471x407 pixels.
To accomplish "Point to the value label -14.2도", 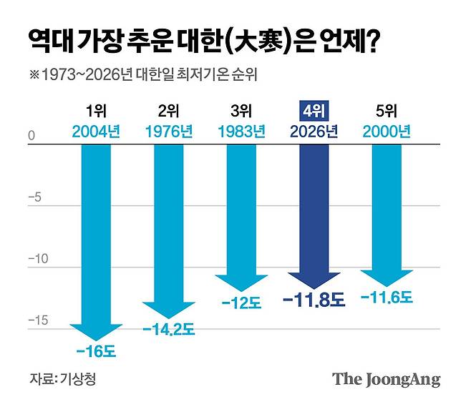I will click(x=169, y=330).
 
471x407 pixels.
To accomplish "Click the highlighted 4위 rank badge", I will click(x=314, y=112).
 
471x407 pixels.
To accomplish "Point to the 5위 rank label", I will click(x=387, y=112).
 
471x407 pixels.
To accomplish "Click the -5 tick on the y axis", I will click(x=34, y=197).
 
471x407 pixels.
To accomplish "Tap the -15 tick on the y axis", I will click(x=36, y=320).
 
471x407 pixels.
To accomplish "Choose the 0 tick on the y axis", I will click(x=31, y=135).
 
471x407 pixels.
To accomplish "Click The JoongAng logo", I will click(x=386, y=379).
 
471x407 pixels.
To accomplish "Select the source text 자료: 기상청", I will click(x=62, y=378).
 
